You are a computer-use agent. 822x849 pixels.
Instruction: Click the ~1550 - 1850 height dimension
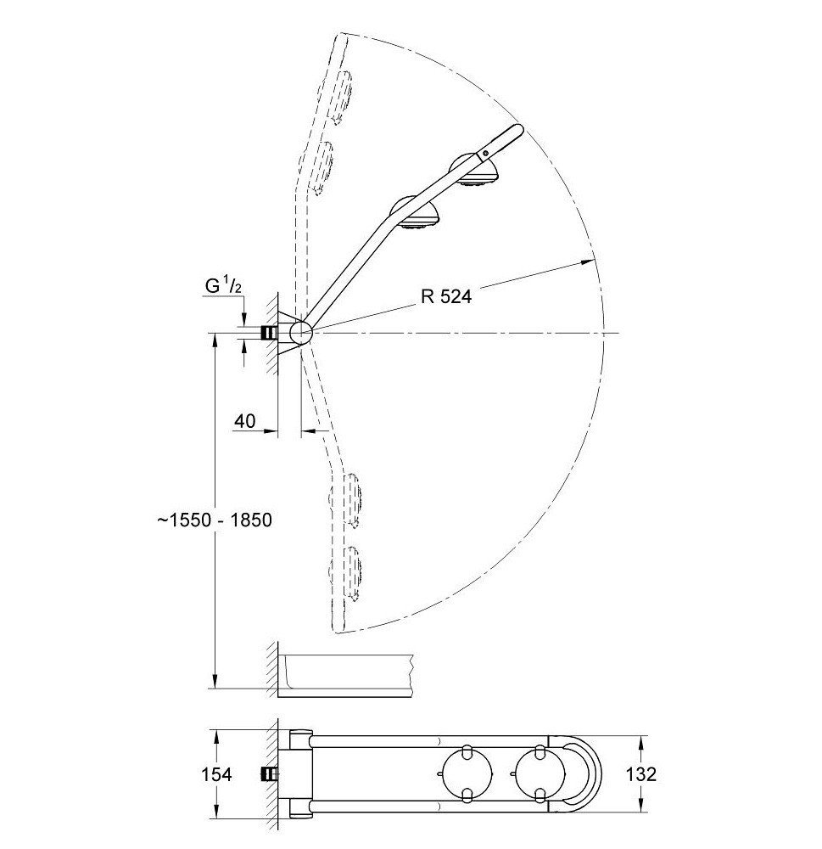214,520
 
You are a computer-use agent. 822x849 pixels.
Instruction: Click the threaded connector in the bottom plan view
270,774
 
